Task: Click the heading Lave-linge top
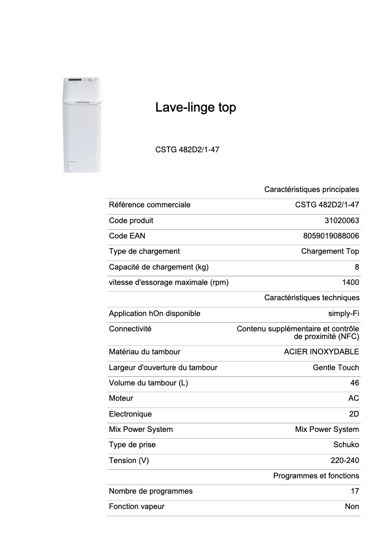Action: [x=195, y=108]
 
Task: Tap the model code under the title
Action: [x=187, y=149]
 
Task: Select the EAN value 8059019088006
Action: [x=331, y=236]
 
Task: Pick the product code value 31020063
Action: [x=341, y=221]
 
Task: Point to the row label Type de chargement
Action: [x=144, y=251]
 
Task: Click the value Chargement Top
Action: [x=330, y=251]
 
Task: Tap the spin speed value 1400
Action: [x=351, y=283]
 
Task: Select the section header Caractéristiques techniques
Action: [x=312, y=298]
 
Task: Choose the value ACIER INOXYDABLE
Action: [x=321, y=352]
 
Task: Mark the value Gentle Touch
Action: [x=336, y=368]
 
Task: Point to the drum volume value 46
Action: [x=354, y=383]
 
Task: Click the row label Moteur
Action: [x=121, y=398]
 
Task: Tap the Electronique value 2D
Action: [x=354, y=414]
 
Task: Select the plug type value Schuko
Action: [x=346, y=445]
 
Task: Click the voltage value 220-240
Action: [x=345, y=461]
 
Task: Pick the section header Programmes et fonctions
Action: [x=316, y=476]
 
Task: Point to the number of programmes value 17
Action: [x=355, y=491]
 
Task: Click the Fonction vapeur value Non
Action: [x=352, y=507]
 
